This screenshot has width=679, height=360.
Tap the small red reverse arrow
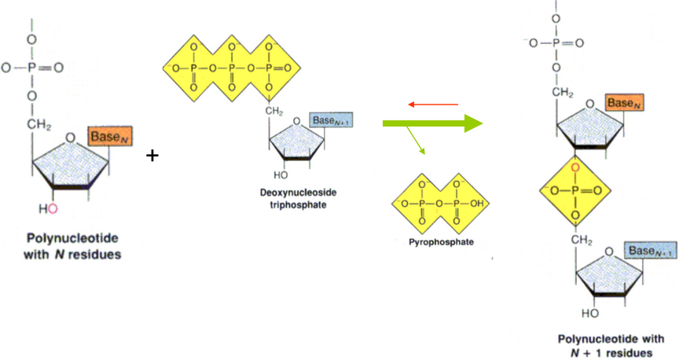point(432,104)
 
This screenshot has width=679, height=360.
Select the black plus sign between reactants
point(152,156)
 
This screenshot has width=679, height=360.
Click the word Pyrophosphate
point(441,242)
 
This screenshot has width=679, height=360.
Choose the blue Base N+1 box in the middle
point(329,120)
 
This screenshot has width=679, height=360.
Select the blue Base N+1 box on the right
point(650,251)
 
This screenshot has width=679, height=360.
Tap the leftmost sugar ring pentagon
point(71,160)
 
